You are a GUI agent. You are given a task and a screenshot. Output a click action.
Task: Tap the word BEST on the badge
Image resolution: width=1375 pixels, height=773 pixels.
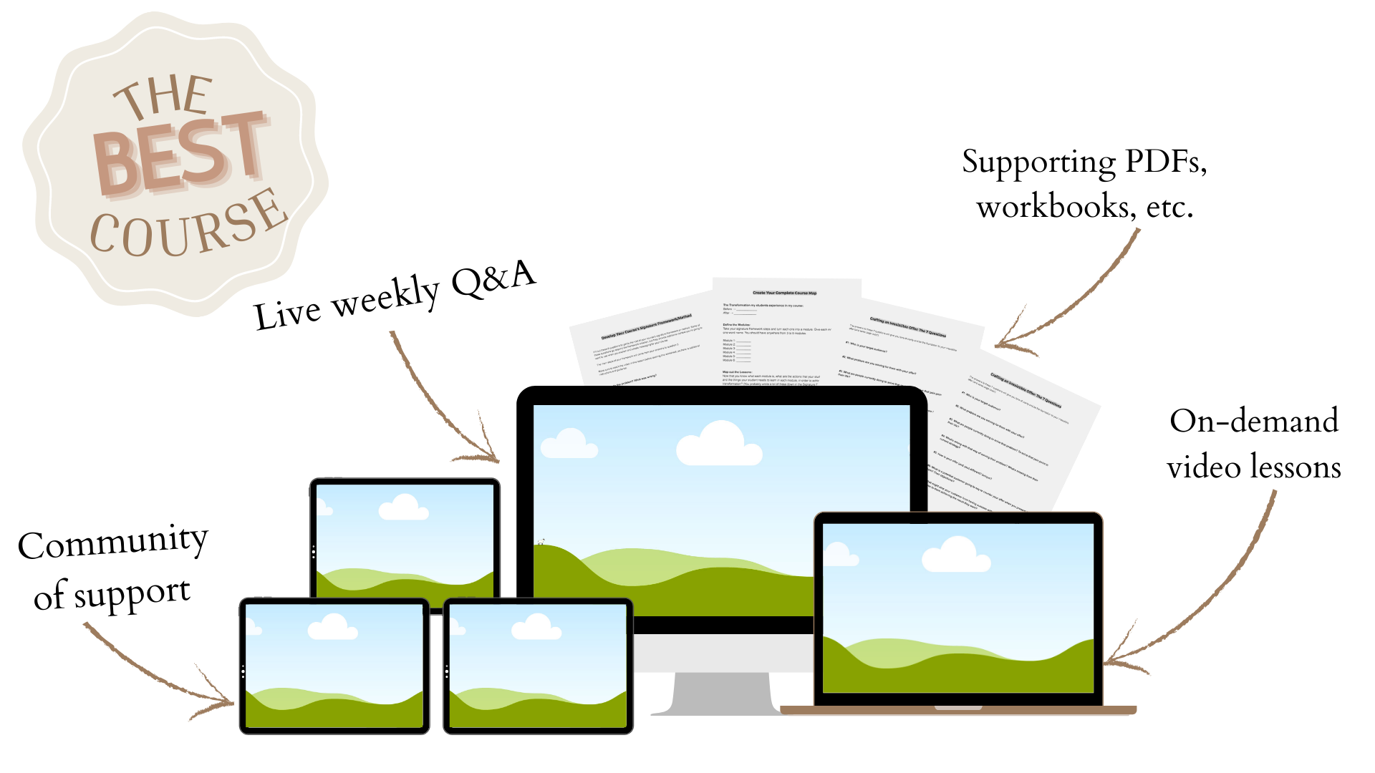click(180, 153)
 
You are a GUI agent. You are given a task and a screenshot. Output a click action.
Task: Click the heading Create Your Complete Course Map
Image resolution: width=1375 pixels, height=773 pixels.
click(784, 293)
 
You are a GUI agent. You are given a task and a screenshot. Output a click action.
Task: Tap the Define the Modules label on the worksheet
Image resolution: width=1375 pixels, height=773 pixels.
click(736, 324)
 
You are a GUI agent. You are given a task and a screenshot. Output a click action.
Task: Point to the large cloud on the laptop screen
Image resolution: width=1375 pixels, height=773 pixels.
click(955, 555)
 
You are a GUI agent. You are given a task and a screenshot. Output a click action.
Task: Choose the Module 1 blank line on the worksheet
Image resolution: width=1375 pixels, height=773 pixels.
click(743, 341)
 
